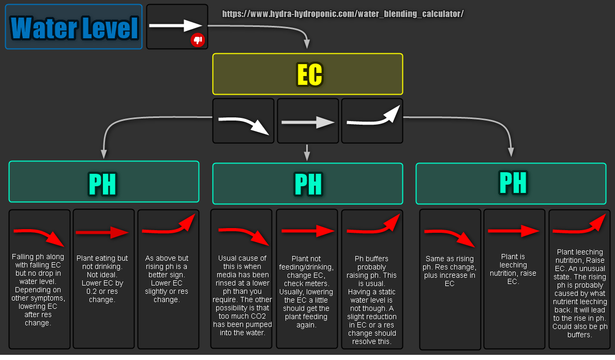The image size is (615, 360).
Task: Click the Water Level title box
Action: tap(73, 27)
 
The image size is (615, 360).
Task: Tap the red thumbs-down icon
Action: tap(198, 40)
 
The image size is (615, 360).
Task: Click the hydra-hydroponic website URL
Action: tap(342, 14)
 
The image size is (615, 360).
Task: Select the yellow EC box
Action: tap(307, 74)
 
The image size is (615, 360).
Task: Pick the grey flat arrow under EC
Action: tap(308, 122)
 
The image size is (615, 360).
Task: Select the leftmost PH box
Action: tap(103, 182)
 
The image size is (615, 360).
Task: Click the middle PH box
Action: tap(307, 184)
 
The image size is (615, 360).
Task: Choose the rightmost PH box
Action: tap(511, 183)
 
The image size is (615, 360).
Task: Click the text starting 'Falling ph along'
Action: tap(39, 290)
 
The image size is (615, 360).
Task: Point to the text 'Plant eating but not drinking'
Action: tap(103, 279)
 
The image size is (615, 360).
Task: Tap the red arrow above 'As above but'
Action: tap(168, 226)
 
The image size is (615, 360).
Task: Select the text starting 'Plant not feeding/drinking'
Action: tap(307, 291)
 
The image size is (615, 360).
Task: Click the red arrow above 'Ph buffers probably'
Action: tap(373, 226)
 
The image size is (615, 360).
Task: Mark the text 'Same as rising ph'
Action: tap(449, 271)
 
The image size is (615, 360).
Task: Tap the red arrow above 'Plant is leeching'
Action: tap(514, 231)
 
